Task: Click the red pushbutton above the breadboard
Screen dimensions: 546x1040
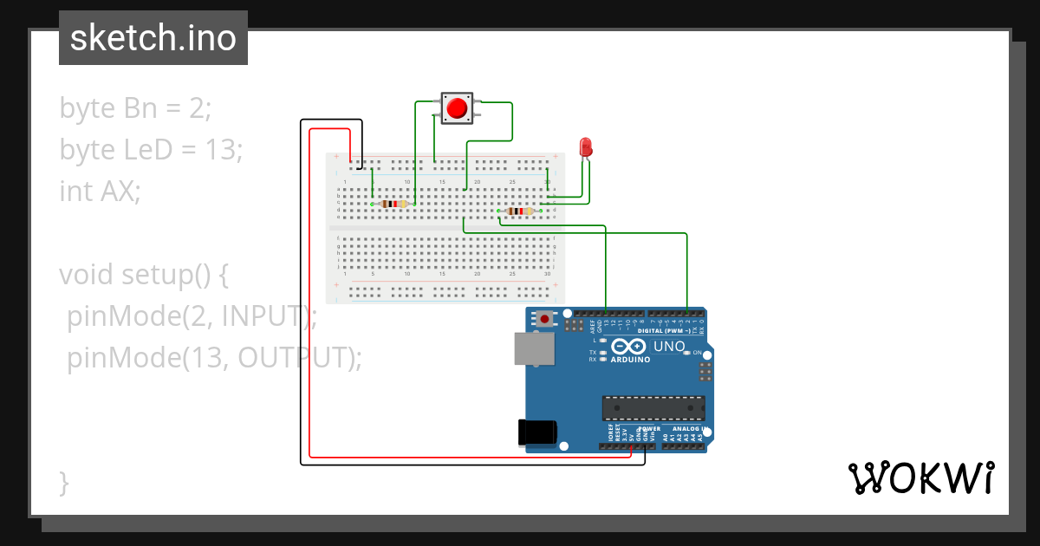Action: tap(457, 108)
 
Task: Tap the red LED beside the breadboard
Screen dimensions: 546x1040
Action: tap(586, 146)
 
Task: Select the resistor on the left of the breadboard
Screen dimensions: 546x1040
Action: tap(393, 204)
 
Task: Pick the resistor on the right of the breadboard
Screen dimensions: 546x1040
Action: tap(519, 211)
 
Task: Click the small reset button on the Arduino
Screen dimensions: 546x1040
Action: tap(544, 319)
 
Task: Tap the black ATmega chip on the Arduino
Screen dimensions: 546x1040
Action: tap(653, 407)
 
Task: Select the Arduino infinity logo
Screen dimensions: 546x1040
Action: tap(628, 346)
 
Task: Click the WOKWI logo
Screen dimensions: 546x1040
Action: tap(920, 478)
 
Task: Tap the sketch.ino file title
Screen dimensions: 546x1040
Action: tap(153, 38)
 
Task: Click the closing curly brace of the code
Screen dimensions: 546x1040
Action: tap(64, 482)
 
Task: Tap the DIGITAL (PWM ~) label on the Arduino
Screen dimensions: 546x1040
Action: tap(663, 331)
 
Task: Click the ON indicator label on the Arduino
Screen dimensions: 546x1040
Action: tap(696, 353)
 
